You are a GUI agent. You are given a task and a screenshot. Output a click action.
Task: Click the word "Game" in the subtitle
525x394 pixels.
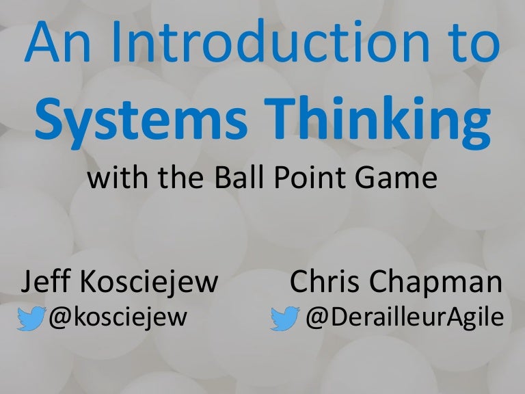[x=400, y=181]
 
